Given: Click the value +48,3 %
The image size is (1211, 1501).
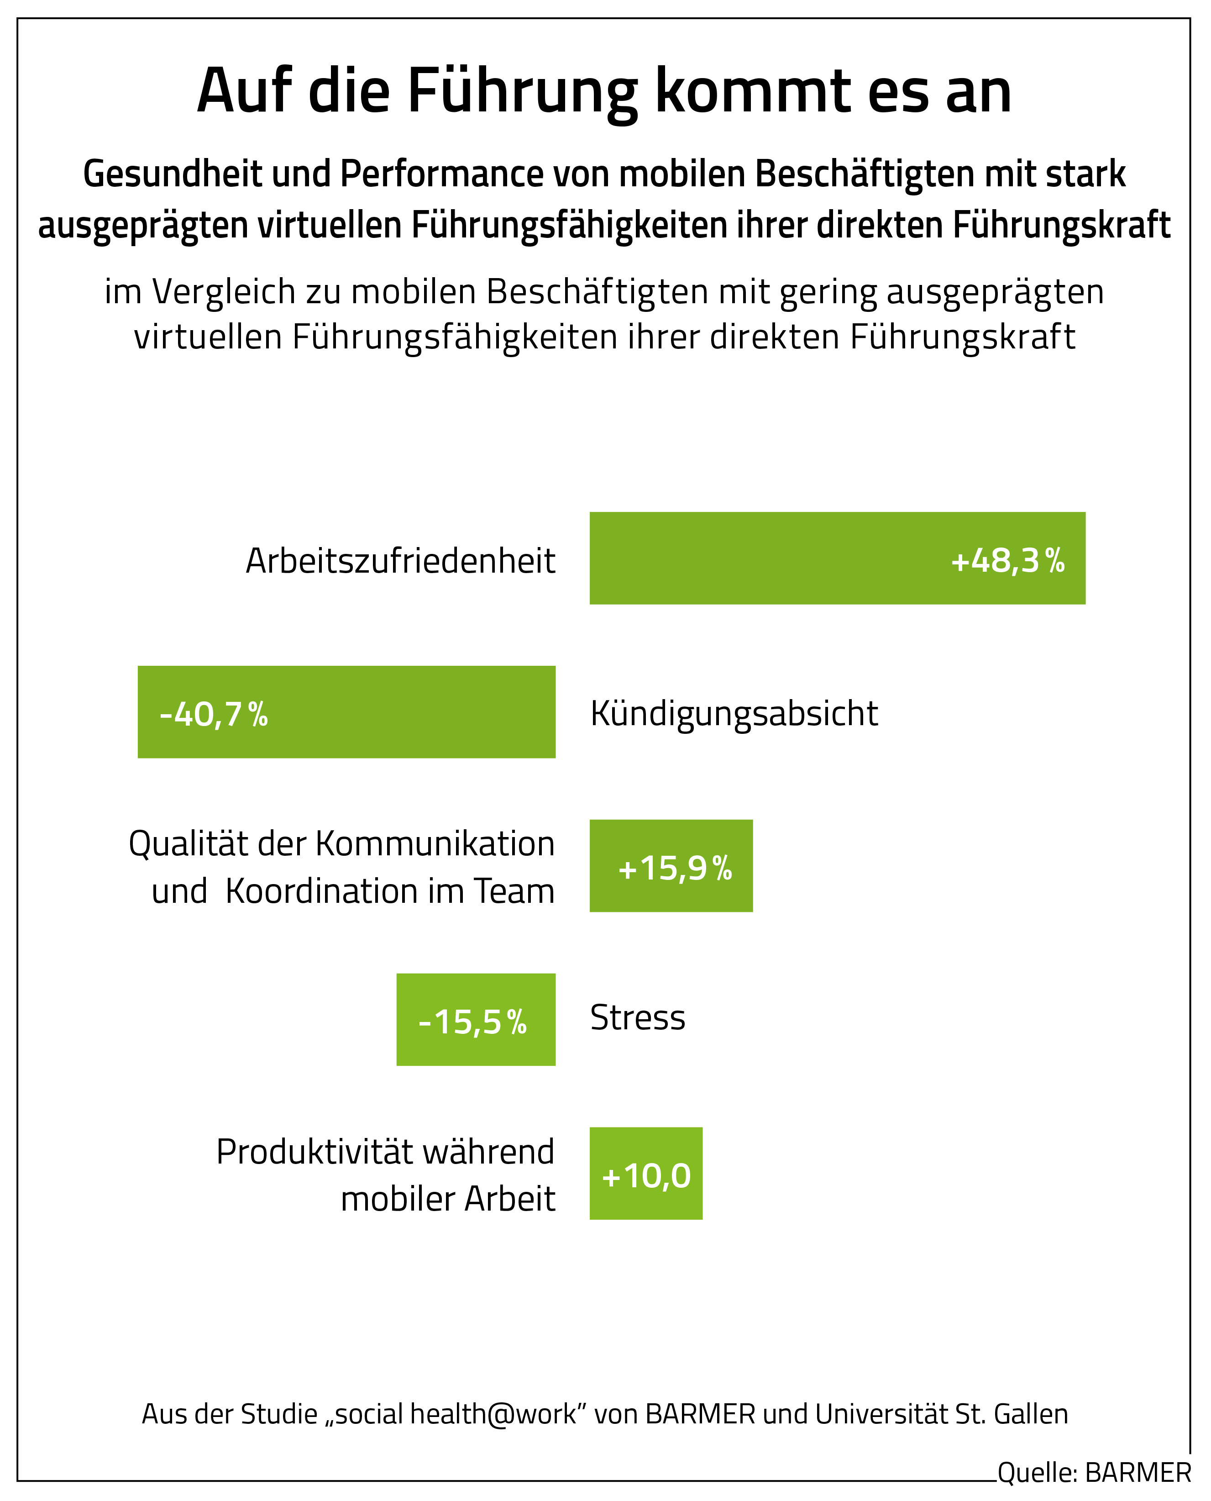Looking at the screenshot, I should coord(1007,560).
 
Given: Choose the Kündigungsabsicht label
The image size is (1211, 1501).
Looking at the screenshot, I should coord(734,713).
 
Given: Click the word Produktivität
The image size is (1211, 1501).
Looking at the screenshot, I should coord(315,1151).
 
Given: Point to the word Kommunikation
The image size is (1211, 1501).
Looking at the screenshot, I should coord(435,844).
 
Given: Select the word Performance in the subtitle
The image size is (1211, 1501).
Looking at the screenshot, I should coord(441,174).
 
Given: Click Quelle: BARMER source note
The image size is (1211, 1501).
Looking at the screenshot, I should coord(1094,1472).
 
